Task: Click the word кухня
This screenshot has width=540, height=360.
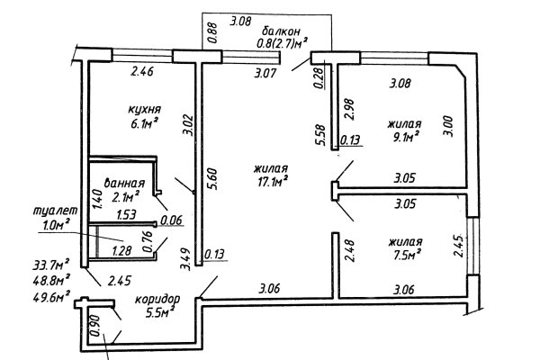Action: click(x=144, y=110)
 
